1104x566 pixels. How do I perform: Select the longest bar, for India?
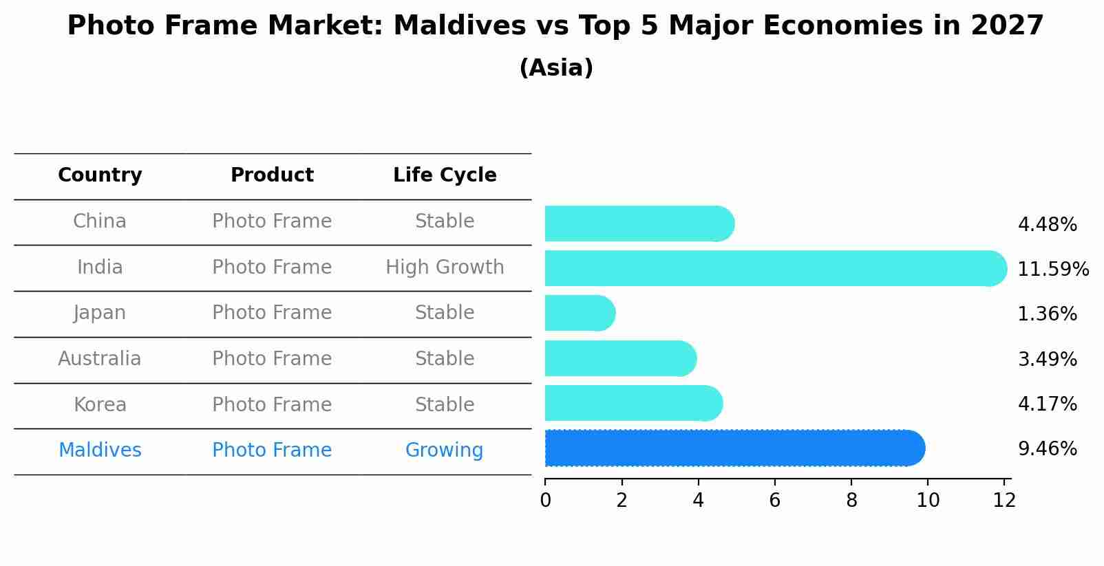pyautogui.click(x=775, y=268)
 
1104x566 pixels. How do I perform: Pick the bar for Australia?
pyautogui.click(x=620, y=359)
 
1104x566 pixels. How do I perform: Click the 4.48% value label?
pyautogui.click(x=1047, y=225)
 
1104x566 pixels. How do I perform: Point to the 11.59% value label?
pyautogui.click(x=1052, y=269)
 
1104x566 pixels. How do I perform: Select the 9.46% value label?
pyautogui.click(x=1047, y=449)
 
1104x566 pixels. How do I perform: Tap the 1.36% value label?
pyautogui.click(x=1047, y=314)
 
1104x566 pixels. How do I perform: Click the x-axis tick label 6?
pyautogui.click(x=775, y=501)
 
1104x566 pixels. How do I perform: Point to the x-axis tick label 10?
pyautogui.click(x=928, y=501)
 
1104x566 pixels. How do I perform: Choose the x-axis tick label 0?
pyautogui.click(x=546, y=501)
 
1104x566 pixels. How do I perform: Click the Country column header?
pyautogui.click(x=100, y=175)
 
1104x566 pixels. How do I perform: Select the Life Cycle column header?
pyautogui.click(x=445, y=175)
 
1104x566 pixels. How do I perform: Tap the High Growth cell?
pyautogui.click(x=445, y=268)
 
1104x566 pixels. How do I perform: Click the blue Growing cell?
pyautogui.click(x=444, y=450)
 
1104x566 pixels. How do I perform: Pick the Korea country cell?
pyautogui.click(x=100, y=405)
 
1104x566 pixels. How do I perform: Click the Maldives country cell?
pyautogui.click(x=100, y=450)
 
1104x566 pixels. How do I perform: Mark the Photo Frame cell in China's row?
pyautogui.click(x=272, y=221)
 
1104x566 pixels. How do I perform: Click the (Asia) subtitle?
pyautogui.click(x=556, y=68)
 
